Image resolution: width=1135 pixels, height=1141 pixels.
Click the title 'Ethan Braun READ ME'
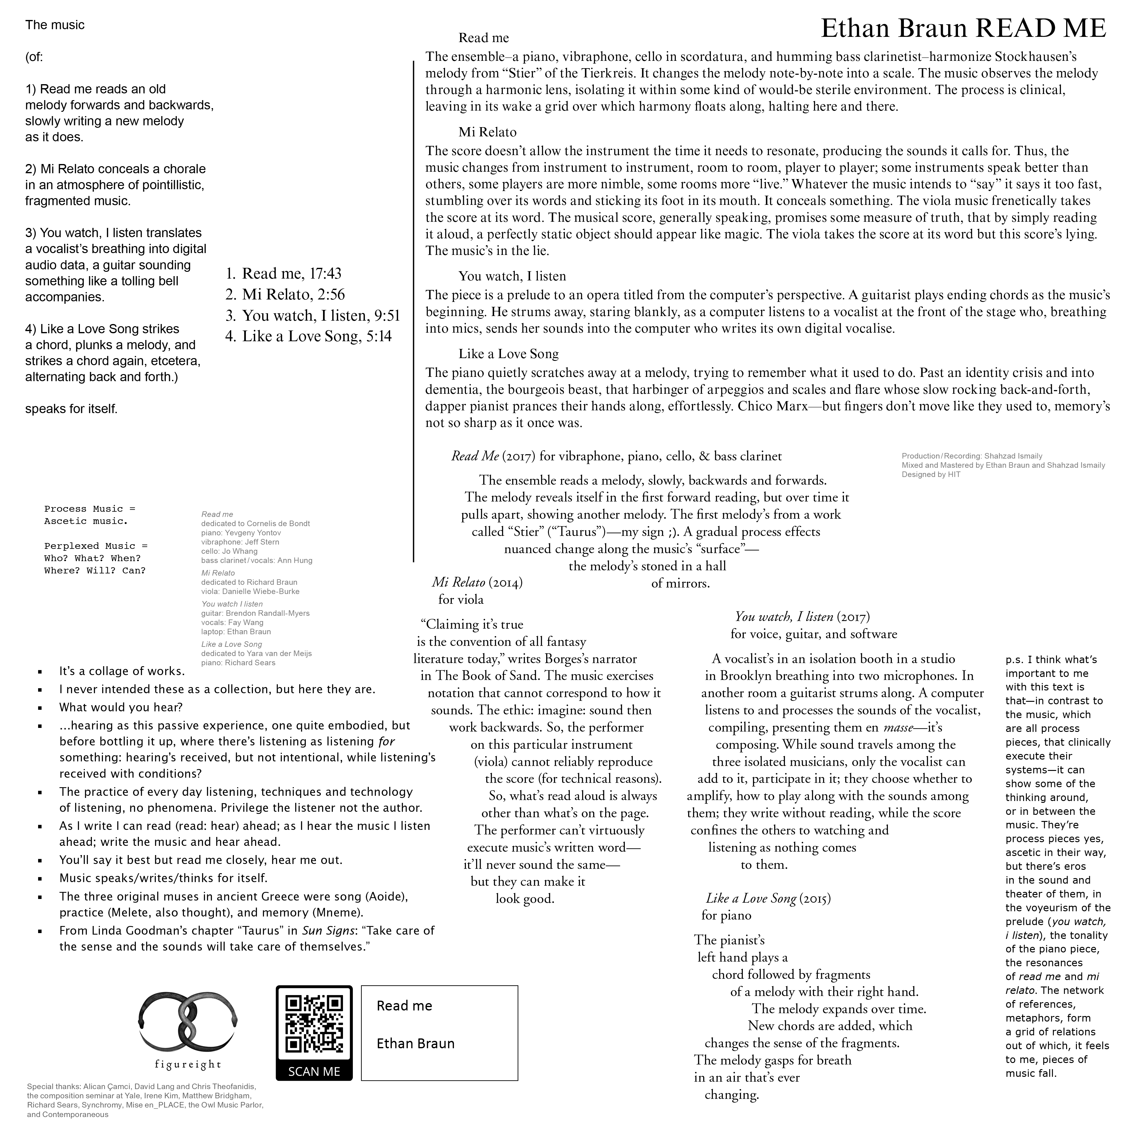(x=963, y=28)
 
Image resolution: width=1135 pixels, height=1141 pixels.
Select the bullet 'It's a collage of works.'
(x=122, y=671)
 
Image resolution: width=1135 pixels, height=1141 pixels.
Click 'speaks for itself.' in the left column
(x=71, y=409)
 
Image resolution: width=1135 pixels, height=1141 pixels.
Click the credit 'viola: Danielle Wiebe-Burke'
(x=250, y=592)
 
